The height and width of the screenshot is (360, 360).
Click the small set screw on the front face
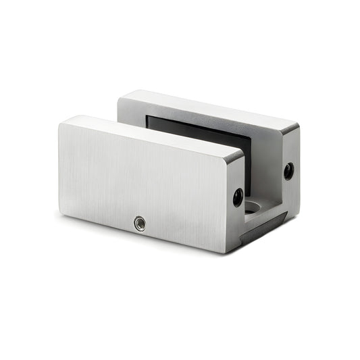pyautogui.click(x=140, y=222)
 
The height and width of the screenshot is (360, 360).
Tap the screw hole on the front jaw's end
pyautogui.click(x=238, y=197)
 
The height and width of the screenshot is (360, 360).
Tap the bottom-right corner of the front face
pyautogui.click(x=225, y=251)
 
